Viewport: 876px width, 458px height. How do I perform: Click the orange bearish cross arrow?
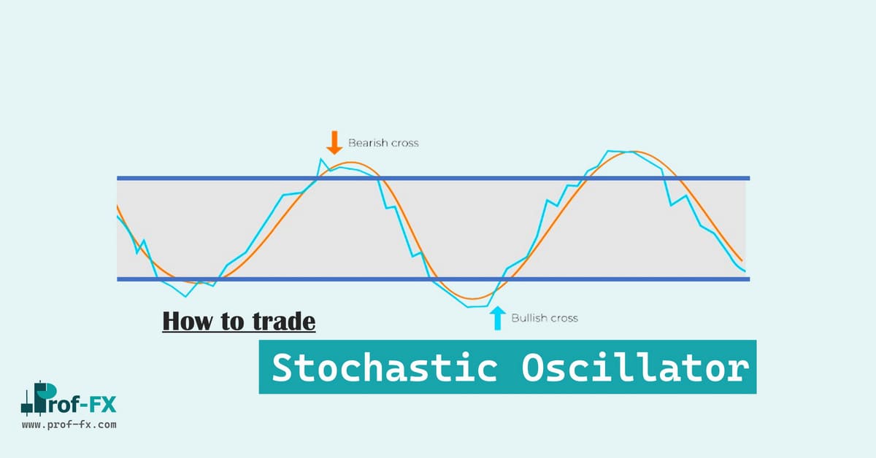tap(334, 143)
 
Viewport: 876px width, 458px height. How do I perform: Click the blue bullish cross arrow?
tap(497, 318)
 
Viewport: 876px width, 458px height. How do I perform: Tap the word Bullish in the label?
tap(528, 318)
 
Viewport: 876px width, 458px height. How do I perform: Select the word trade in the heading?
tap(284, 322)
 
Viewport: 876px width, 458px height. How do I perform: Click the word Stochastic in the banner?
tap(385, 368)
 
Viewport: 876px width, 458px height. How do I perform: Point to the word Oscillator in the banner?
tap(636, 368)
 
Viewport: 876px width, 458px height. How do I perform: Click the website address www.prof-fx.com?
tap(69, 424)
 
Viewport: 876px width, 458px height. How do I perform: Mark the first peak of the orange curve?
tap(351, 162)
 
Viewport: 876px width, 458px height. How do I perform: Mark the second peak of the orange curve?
tap(634, 152)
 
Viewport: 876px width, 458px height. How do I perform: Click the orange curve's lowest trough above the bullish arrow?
tap(473, 299)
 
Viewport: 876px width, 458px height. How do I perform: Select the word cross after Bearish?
tap(404, 144)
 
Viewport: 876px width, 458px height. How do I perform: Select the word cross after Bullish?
tap(563, 319)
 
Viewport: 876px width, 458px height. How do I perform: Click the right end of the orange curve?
tap(742, 260)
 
